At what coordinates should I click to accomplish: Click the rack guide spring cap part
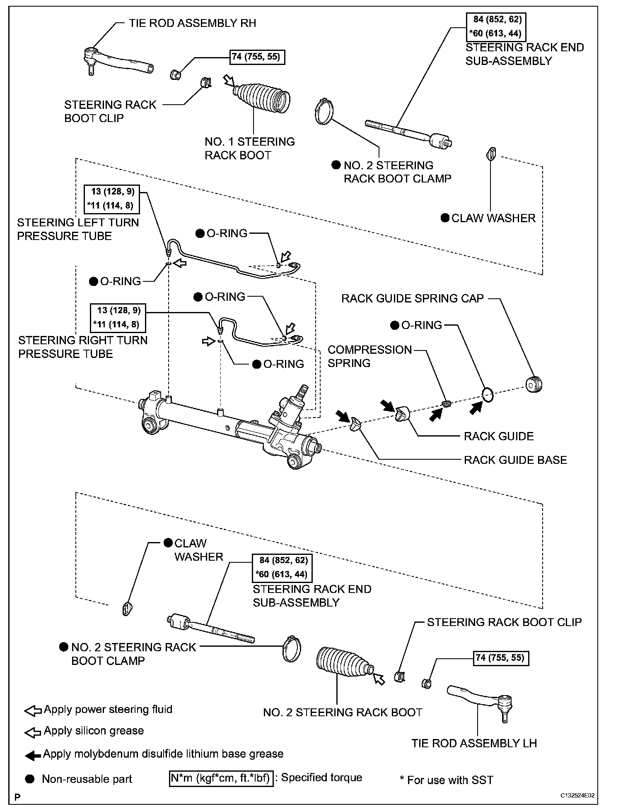tap(534, 385)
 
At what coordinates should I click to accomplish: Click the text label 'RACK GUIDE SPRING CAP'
tap(412, 299)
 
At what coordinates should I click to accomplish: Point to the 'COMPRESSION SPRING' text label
tap(369, 356)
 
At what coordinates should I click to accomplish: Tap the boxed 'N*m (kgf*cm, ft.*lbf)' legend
tap(221, 778)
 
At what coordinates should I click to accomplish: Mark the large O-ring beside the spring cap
tap(488, 395)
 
